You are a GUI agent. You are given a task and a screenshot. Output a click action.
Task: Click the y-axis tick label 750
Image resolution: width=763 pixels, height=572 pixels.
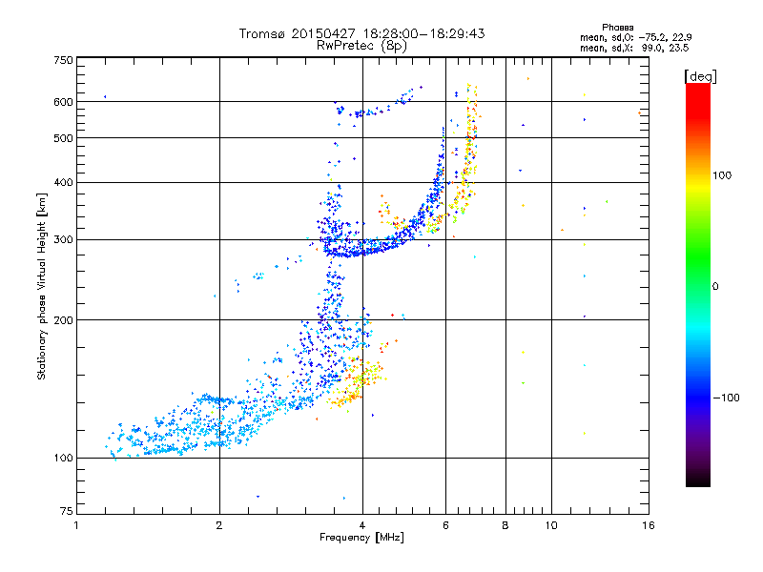click(63, 60)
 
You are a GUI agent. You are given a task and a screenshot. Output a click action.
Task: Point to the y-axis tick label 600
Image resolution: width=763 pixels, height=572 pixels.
click(63, 102)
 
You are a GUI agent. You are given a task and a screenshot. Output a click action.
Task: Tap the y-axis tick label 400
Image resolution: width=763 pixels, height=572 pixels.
click(63, 182)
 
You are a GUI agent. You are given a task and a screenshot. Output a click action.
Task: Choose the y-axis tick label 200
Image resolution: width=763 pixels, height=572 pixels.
click(63, 320)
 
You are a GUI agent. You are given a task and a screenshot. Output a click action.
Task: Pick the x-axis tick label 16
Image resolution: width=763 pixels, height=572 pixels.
click(648, 525)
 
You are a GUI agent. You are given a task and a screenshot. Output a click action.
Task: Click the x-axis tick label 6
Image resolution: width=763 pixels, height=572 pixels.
click(445, 525)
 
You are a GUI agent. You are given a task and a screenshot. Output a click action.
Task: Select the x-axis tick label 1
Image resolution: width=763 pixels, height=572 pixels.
click(77, 525)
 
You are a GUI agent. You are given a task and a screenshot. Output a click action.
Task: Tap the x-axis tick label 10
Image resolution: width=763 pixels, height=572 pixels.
click(550, 525)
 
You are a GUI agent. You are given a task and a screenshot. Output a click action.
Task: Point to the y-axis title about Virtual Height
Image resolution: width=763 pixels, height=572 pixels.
click(42, 287)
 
